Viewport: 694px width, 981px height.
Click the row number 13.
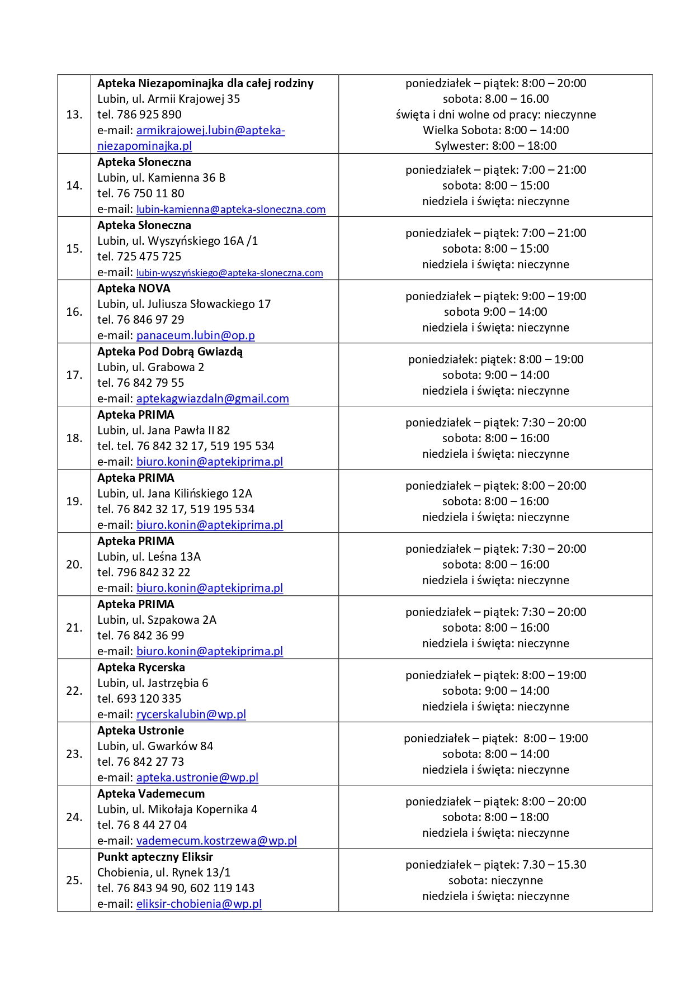pyautogui.click(x=74, y=115)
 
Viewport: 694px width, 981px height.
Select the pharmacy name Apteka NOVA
pyautogui.click(x=134, y=288)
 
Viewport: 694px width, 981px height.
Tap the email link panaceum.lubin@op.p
pyautogui.click(x=195, y=335)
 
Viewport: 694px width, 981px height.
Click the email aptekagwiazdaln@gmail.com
pyautogui.click(x=213, y=399)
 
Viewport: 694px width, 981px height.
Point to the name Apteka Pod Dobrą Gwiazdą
pyautogui.click(x=170, y=352)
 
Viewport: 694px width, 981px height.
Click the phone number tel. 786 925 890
pyautogui.click(x=139, y=115)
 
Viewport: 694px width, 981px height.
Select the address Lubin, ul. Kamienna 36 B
pyautogui.click(x=161, y=178)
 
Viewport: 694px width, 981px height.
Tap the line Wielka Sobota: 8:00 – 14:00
pyautogui.click(x=495, y=130)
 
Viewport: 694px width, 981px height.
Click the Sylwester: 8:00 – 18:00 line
pyautogui.click(x=495, y=146)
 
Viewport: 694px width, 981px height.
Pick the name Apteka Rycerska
pyautogui.click(x=141, y=667)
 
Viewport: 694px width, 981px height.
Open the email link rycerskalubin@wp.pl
pyautogui.click(x=191, y=714)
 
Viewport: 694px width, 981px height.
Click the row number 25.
pyautogui.click(x=74, y=880)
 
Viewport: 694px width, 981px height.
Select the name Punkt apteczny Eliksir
pyautogui.click(x=155, y=857)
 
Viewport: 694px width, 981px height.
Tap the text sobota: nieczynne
pyautogui.click(x=495, y=880)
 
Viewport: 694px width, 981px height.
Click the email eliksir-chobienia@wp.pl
pyautogui.click(x=199, y=904)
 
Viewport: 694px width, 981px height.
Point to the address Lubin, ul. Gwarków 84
pyautogui.click(x=155, y=746)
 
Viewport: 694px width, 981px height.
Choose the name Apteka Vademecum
pyautogui.click(x=151, y=794)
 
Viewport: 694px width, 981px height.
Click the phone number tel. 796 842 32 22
pyautogui.click(x=144, y=572)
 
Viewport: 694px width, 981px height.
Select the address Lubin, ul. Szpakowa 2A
pyautogui.click(x=157, y=620)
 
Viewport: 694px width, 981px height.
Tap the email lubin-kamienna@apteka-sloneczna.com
pyautogui.click(x=231, y=210)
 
